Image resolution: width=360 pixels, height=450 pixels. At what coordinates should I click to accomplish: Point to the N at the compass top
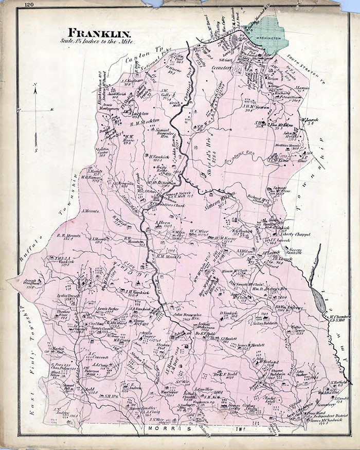click(x=34, y=84)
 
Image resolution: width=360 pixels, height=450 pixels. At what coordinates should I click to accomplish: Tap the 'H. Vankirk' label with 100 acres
click(x=159, y=157)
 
